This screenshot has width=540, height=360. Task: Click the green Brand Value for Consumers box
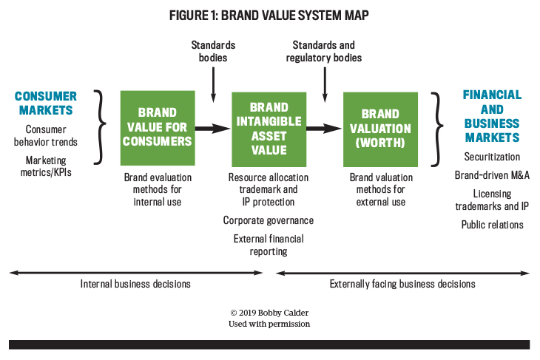(158, 128)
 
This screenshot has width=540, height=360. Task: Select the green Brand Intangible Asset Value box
(269, 129)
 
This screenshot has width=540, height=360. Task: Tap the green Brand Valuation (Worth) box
(380, 129)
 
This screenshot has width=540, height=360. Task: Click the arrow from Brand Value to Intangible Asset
(213, 129)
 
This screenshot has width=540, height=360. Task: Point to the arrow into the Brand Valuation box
(325, 129)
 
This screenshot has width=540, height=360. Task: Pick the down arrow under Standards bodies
(213, 85)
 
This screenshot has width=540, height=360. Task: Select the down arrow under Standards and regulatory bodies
(325, 85)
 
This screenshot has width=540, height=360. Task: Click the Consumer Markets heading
(46, 103)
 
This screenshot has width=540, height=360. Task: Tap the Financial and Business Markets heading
(492, 116)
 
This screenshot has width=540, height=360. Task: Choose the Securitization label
(492, 157)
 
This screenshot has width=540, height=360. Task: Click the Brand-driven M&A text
(492, 175)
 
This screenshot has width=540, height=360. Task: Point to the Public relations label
(492, 225)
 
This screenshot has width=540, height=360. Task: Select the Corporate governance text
(269, 220)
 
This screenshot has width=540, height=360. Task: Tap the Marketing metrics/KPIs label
(46, 166)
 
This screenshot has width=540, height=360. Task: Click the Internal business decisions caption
(135, 284)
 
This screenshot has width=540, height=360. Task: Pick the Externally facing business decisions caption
(402, 284)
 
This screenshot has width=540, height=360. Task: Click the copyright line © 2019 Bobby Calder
(269, 313)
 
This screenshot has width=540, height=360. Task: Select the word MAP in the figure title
(356, 16)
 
